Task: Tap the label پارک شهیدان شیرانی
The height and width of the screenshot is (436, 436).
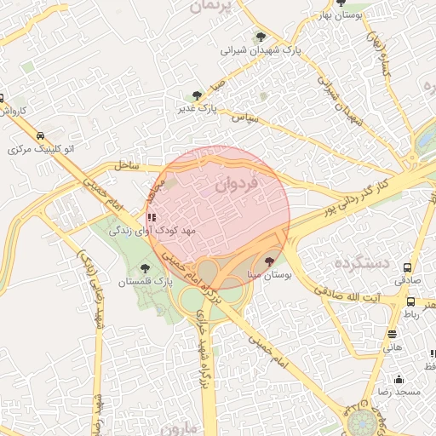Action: pyautogui.click(x=261, y=50)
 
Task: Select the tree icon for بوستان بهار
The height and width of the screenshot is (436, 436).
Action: pyautogui.click(x=341, y=3)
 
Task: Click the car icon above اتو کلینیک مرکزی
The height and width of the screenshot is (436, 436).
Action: pyautogui.click(x=40, y=135)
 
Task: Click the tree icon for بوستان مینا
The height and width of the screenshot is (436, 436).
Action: pyautogui.click(x=270, y=261)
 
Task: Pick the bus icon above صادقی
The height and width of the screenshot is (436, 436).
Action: pyautogui.click(x=408, y=266)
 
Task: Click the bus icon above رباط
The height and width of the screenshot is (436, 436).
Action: pyautogui.click(x=412, y=301)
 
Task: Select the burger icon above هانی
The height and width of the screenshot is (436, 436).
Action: pyautogui.click(x=392, y=334)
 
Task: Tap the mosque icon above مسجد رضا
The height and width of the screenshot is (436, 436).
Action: pyautogui.click(x=398, y=379)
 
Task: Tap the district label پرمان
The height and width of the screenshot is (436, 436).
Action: pyautogui.click(x=210, y=7)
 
